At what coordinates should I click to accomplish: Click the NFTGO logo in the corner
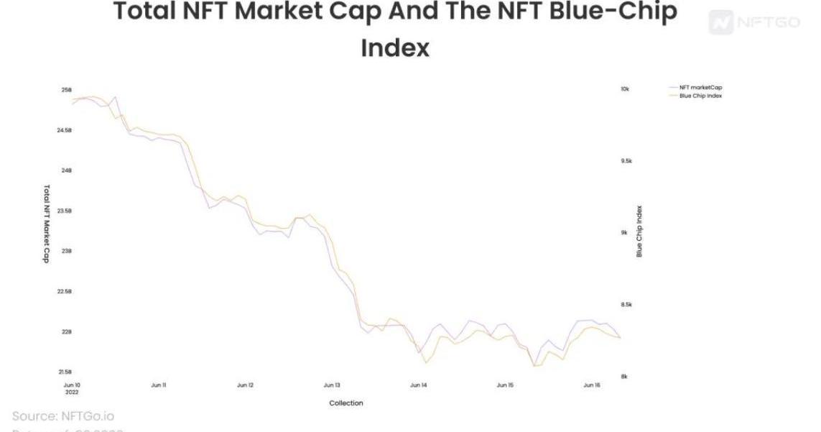pos(754,22)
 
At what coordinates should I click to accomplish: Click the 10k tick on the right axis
pos(625,89)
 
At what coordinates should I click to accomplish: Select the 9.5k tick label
pos(626,161)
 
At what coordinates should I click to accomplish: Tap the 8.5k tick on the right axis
pos(626,305)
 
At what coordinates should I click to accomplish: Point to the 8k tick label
pos(624,377)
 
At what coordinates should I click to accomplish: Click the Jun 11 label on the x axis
pos(159,385)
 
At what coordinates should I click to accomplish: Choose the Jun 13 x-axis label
pos(332,385)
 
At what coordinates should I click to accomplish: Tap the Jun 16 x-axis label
pos(592,385)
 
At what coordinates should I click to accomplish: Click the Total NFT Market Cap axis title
pos(47,224)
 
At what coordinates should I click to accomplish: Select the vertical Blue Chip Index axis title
pos(639,232)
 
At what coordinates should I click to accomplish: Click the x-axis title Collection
pos(346,403)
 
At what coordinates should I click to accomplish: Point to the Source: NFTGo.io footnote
pos(63,416)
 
